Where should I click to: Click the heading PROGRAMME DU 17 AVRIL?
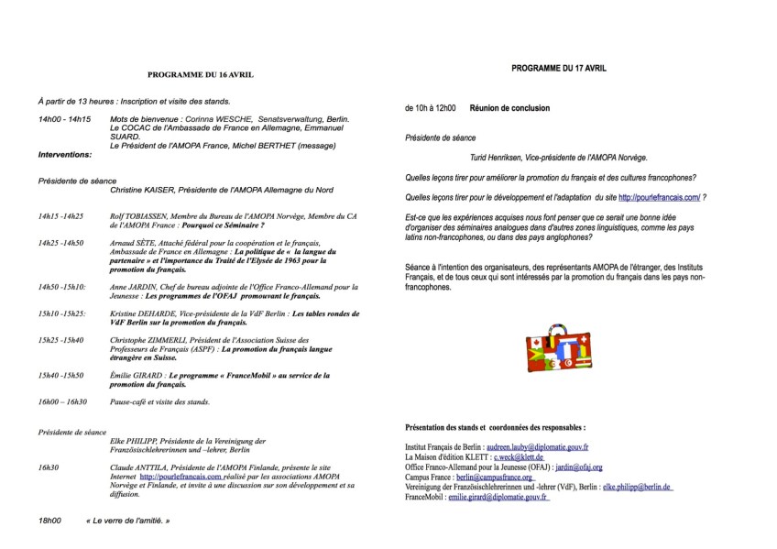point(559,68)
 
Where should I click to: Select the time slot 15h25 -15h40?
point(60,340)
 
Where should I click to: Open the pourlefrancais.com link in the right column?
point(660,197)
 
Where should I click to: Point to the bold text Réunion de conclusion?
point(509,108)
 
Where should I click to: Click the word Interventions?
point(65,155)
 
